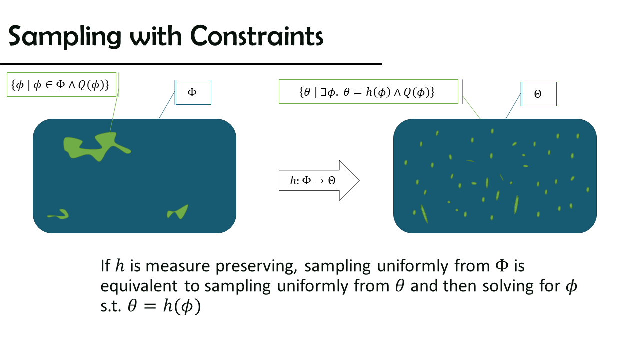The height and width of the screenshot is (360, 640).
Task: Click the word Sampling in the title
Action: [65, 37]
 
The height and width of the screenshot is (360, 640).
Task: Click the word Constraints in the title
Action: [257, 36]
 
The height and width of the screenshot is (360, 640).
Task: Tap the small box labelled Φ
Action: [193, 92]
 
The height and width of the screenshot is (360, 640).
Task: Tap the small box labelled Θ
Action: [539, 94]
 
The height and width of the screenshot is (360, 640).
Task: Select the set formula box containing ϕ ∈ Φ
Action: [61, 85]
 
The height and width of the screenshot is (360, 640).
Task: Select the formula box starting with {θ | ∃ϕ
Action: [368, 91]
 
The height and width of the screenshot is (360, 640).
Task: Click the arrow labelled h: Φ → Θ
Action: [319, 180]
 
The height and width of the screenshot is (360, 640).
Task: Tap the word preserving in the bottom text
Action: [256, 267]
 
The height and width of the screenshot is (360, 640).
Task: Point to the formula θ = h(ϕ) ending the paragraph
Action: [164, 306]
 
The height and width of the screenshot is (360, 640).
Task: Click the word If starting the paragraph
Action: [105, 266]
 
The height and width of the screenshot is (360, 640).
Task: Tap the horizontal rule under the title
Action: [191, 64]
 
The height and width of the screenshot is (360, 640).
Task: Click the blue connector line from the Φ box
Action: [167, 105]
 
